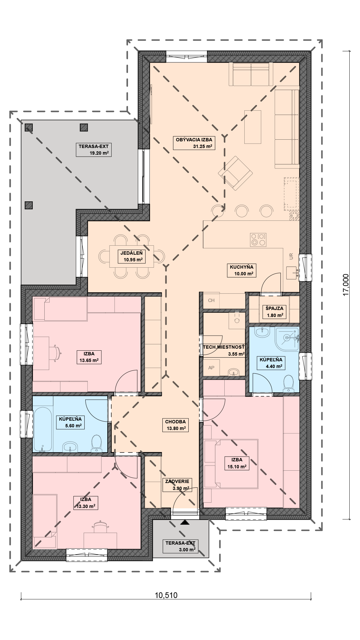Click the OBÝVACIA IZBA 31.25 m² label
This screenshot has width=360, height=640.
[194, 143]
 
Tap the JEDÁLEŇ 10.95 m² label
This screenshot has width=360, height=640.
[131, 256]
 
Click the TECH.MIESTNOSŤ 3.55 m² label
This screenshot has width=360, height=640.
[224, 351]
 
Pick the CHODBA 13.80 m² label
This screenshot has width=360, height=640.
[175, 425]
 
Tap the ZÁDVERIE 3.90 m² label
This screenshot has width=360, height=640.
[177, 485]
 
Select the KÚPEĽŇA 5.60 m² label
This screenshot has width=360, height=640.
[70, 422]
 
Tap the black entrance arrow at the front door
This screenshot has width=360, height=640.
[184, 522]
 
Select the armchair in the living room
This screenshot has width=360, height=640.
[235, 173]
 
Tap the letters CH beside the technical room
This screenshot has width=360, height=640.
[211, 300]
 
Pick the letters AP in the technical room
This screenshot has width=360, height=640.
[211, 368]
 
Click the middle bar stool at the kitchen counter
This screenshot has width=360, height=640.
[242, 211]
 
